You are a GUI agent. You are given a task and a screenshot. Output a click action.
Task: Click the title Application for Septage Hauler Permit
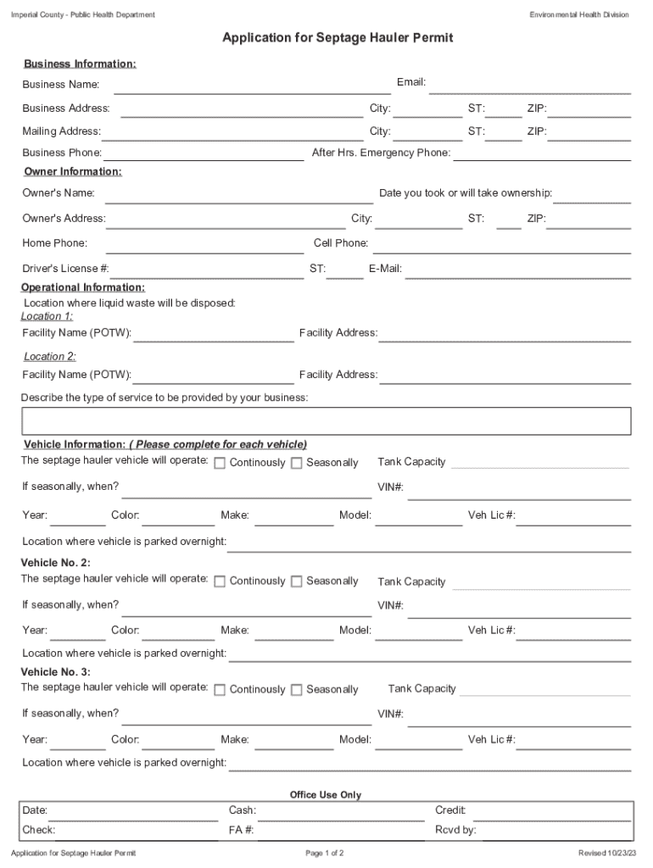tap(338, 38)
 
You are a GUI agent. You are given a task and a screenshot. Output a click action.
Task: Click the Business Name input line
tap(252, 86)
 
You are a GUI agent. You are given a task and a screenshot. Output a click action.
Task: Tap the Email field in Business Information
tap(530, 85)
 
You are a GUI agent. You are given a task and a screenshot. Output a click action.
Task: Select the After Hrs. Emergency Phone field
tap(543, 154)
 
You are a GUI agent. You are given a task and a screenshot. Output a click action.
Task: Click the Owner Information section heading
tap(73, 172)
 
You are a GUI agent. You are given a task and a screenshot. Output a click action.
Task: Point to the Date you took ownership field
tap(593, 196)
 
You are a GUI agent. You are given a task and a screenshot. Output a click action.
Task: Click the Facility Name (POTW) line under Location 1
tap(213, 335)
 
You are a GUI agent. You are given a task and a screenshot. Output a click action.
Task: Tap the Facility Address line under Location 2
tap(505, 377)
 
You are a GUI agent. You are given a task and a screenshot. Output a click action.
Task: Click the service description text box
tap(326, 420)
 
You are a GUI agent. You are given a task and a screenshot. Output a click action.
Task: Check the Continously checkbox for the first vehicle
tap(220, 463)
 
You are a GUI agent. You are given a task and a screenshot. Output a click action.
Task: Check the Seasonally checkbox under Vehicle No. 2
tap(297, 581)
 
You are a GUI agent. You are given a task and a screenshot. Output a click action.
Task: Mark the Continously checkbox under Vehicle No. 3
tap(220, 690)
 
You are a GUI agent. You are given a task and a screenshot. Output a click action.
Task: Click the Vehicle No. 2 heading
tap(55, 563)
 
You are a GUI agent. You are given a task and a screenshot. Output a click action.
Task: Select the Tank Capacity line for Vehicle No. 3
tap(545, 690)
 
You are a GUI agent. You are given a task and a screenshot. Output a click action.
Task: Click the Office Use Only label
tap(326, 795)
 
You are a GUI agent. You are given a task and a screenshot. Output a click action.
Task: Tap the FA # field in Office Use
tap(339, 832)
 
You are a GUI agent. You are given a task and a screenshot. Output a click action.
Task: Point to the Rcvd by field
tap(555, 832)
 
